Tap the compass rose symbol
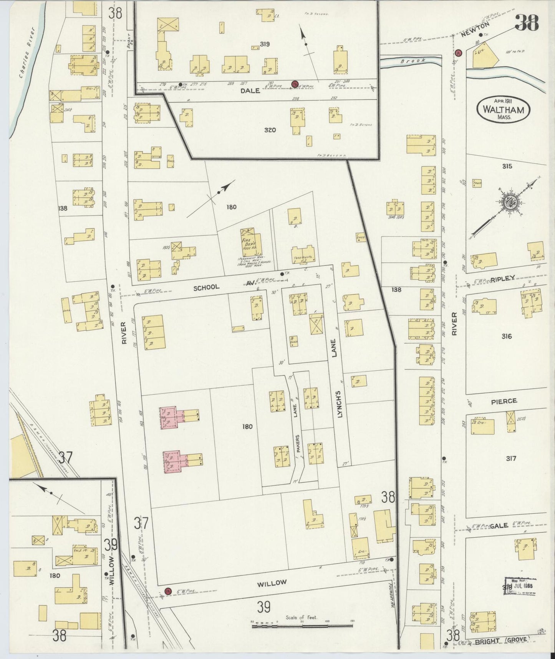(x=510, y=203)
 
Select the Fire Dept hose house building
(x=252, y=241)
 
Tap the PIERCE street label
(x=504, y=401)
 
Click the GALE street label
(x=499, y=525)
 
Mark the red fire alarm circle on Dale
(x=295, y=84)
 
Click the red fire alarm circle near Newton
(x=458, y=52)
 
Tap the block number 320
(x=270, y=130)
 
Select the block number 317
(x=511, y=458)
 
